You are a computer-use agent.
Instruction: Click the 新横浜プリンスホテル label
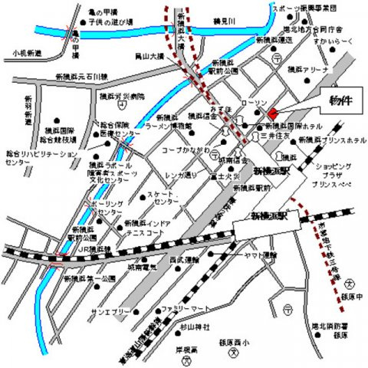[x=327, y=141]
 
